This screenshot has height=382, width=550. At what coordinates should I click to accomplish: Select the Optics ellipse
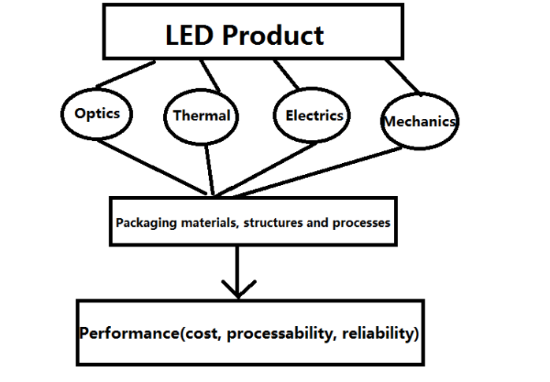97,113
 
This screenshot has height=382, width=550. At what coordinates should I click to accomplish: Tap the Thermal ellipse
202,116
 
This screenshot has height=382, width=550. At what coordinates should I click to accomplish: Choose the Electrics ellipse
314,115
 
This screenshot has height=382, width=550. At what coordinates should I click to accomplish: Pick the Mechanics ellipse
419,121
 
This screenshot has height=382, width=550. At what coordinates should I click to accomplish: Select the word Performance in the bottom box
128,333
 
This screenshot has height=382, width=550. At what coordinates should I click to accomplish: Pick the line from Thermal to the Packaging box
208,169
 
